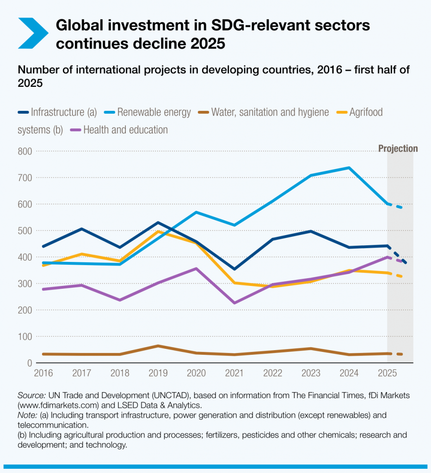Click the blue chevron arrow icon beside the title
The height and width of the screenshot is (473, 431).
coord(33,33)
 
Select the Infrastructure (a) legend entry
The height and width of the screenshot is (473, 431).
coord(58,112)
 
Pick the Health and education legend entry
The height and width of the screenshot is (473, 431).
coord(120,130)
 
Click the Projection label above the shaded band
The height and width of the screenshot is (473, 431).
coord(398,149)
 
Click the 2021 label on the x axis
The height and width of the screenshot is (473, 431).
coord(234,372)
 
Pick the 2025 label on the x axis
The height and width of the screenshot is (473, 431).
coord(387,372)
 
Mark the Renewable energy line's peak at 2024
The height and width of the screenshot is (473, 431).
coord(349,168)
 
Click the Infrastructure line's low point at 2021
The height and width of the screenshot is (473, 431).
coord(234,269)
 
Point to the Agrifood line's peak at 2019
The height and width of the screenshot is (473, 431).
coord(158,231)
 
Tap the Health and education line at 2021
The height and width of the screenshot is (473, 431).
coord(234,303)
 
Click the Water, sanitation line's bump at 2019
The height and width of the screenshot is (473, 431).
coord(158,346)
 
